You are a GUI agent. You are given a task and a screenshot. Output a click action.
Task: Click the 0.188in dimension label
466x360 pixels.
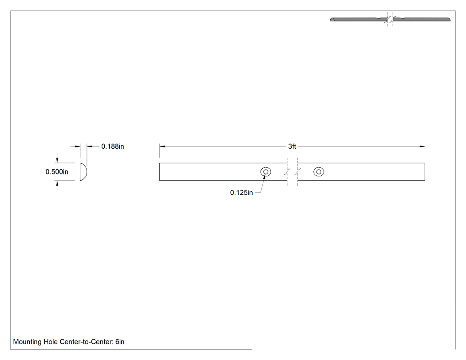[113, 146]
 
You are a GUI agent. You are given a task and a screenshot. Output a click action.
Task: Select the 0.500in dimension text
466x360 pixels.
[57, 172]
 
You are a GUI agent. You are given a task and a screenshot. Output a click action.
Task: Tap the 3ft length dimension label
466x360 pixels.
[292, 146]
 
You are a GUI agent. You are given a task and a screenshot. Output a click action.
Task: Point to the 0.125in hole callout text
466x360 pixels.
[241, 193]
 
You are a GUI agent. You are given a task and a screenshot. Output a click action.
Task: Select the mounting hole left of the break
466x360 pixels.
[266, 172]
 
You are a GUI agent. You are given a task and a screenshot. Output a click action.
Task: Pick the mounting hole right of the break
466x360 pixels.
[319, 172]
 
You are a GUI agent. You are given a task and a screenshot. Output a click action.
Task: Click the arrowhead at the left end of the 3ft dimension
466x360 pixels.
[162, 146]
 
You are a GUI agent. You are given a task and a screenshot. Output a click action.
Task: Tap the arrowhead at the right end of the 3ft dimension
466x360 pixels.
[423, 146]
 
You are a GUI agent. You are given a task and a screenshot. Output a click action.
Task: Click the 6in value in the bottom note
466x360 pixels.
[120, 342]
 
